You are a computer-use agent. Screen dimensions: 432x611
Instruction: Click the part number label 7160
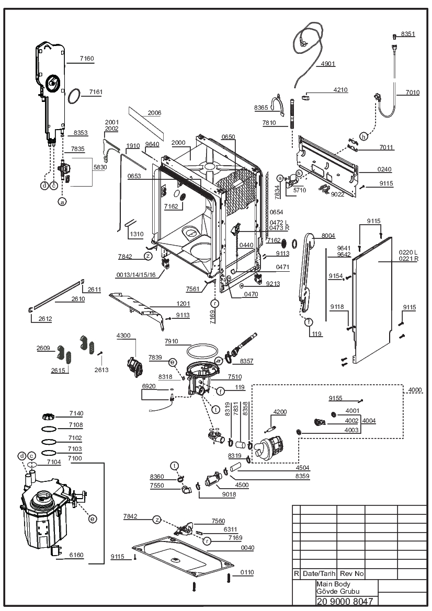click(87, 59)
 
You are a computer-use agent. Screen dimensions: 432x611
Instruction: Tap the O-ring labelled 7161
click(74, 96)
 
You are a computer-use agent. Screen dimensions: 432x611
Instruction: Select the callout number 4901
click(328, 64)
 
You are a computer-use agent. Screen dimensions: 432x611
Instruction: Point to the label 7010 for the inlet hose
click(412, 93)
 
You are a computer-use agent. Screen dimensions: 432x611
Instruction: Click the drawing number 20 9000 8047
click(345, 601)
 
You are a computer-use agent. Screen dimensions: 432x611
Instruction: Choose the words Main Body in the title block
click(333, 584)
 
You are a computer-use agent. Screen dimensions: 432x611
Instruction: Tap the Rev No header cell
click(351, 573)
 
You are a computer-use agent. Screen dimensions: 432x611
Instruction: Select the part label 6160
click(76, 555)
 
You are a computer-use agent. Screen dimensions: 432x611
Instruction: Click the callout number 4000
click(415, 390)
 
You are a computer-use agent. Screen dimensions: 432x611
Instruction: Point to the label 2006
click(154, 113)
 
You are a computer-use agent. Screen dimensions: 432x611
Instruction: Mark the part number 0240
click(384, 169)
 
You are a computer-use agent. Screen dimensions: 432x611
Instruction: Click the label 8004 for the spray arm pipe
click(328, 236)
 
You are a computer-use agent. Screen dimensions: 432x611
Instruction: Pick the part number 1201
click(183, 304)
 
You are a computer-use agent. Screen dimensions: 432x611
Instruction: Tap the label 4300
click(123, 336)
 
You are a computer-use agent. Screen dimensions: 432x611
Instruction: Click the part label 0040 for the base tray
click(247, 547)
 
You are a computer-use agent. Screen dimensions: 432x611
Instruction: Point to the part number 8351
click(408, 34)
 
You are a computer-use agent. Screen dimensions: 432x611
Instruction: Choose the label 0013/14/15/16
click(135, 275)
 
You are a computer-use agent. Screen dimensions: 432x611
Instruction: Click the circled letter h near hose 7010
click(364, 136)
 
